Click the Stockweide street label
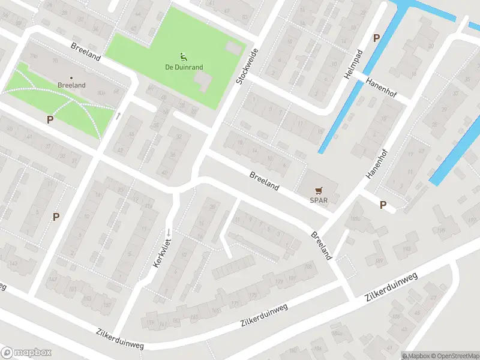[247, 66]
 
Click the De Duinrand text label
[184, 67]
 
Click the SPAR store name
[319, 200]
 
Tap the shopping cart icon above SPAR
[319, 191]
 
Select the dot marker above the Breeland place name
[72, 77]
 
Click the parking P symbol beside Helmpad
[376, 38]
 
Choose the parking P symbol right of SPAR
[383, 205]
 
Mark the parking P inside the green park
[50, 119]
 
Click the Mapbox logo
[26, 353]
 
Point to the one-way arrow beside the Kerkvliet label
[169, 232]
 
